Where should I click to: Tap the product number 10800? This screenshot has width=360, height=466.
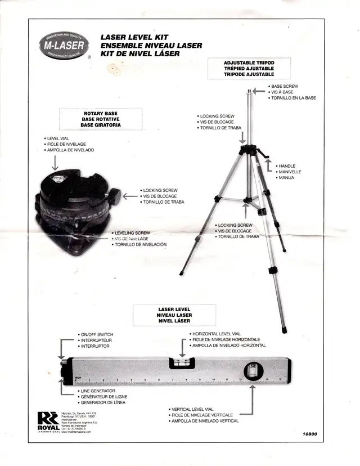coord(310,434)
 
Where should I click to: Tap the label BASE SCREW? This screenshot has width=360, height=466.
coord(284,86)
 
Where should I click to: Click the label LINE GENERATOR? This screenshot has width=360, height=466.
coord(98,391)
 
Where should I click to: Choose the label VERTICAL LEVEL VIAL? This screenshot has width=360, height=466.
coord(193,409)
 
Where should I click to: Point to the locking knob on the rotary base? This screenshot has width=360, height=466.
coord(116,196)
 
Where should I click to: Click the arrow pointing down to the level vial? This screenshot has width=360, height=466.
coord(55,163)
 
